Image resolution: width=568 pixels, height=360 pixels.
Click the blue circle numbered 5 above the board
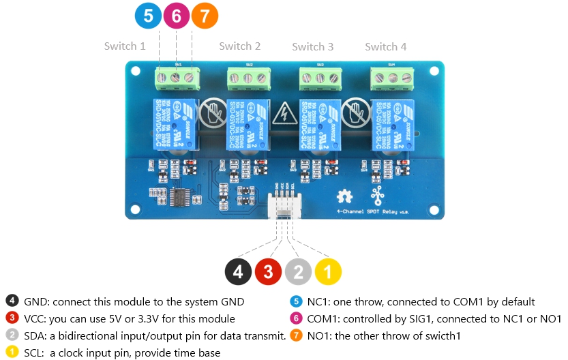148,16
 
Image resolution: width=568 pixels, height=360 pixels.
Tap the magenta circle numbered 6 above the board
176,16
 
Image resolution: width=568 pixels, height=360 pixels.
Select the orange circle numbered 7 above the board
205,16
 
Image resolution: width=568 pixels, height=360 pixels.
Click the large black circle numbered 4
238,272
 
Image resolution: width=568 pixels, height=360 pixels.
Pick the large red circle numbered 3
268,272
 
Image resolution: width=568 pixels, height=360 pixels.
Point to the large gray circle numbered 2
298,272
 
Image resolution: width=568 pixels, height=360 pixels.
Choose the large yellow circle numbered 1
328,272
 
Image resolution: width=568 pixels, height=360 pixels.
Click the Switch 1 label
125,46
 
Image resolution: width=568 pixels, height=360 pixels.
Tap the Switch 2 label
240,46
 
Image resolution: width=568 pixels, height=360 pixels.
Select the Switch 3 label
313,47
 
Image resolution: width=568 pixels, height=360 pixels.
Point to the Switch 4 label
386,47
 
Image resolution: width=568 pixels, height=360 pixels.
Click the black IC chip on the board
181,199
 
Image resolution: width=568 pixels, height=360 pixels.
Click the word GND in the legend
35,301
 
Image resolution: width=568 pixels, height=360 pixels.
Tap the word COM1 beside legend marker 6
323,318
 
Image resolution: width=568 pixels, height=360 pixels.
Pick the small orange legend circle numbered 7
296,335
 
